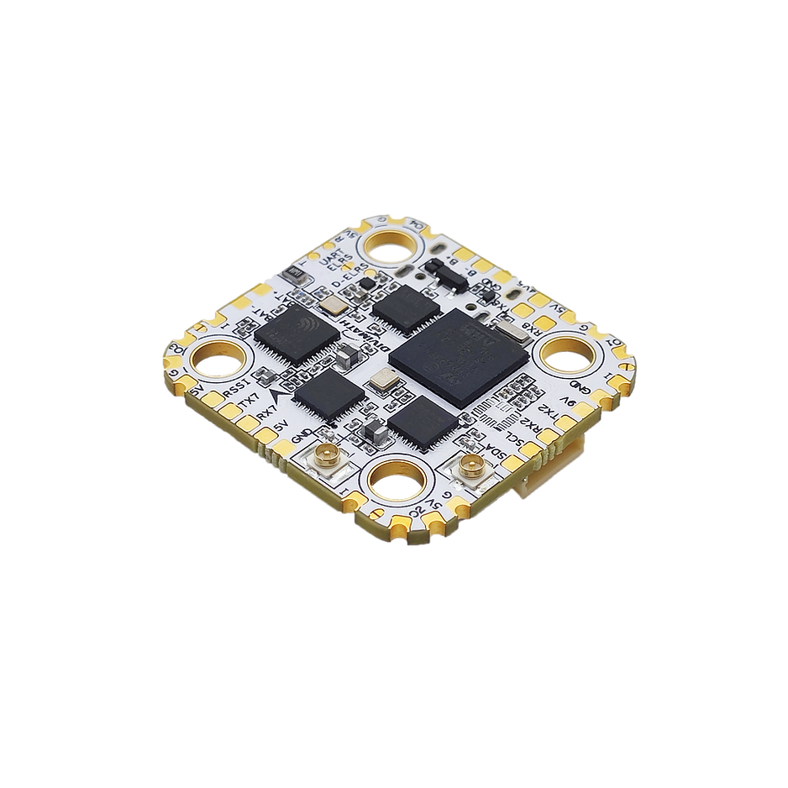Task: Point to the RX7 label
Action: coord(267,414)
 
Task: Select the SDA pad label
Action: coord(490,454)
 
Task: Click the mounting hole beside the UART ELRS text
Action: coord(389,244)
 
